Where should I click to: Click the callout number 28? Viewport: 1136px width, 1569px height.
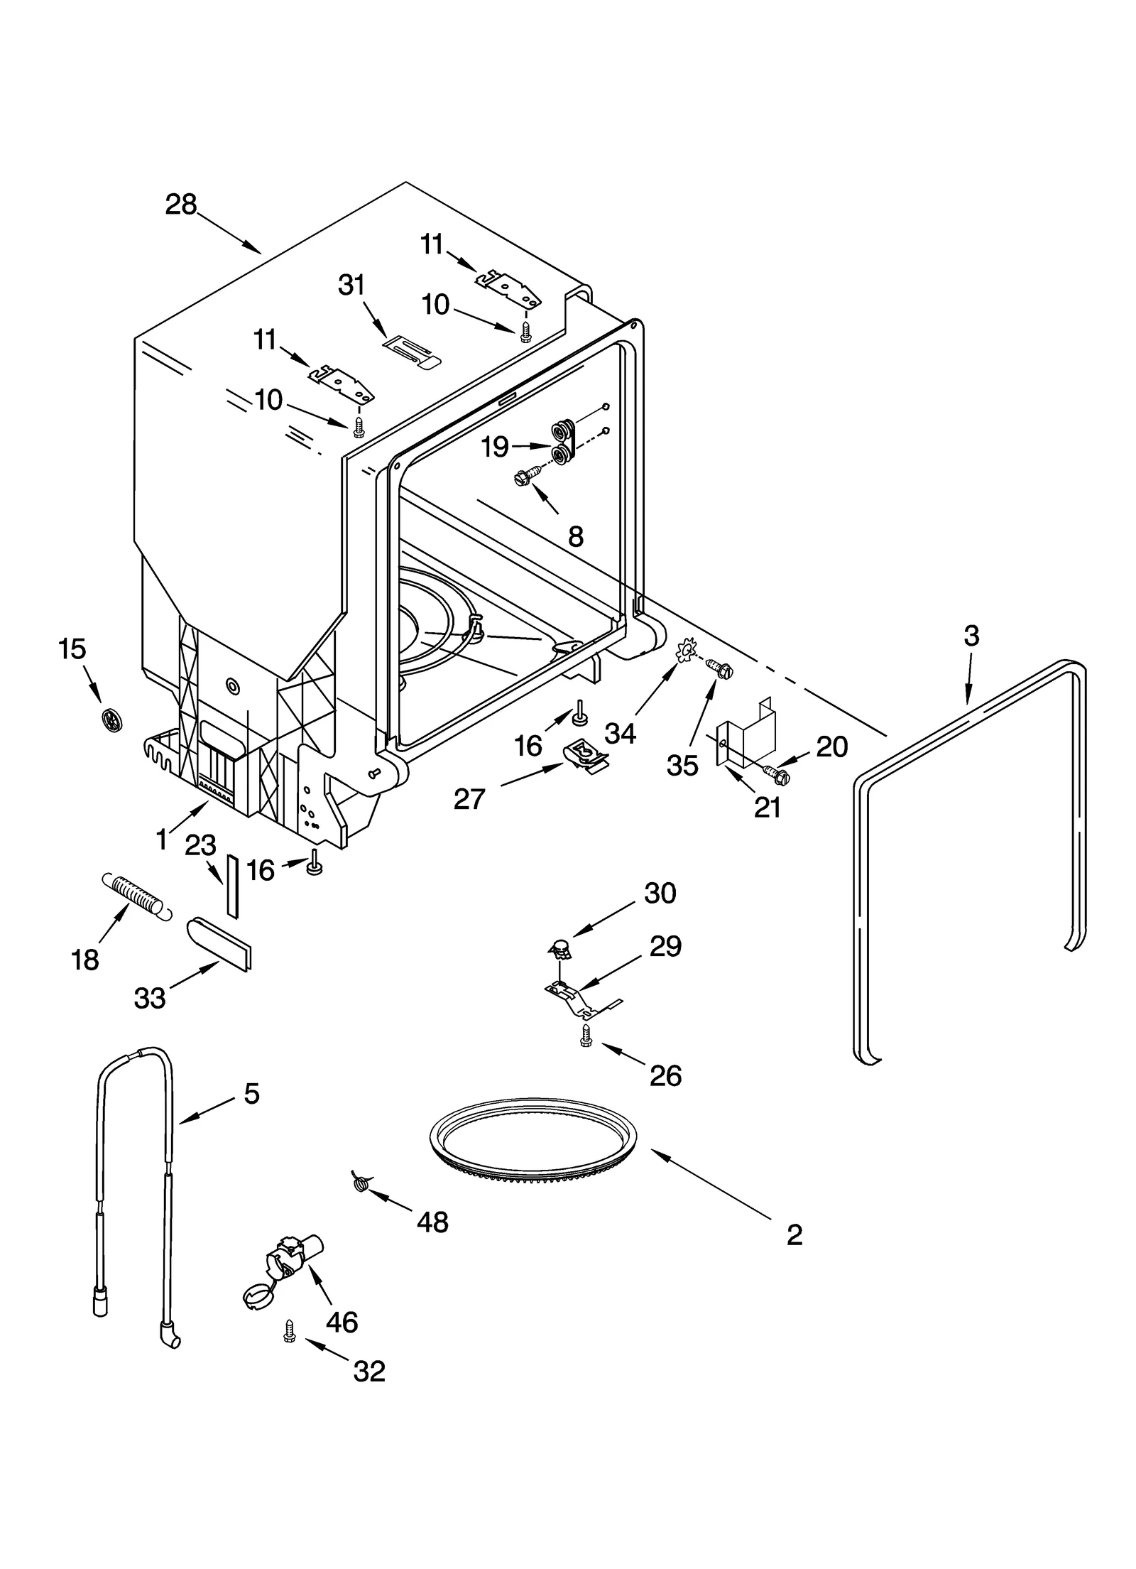tap(180, 205)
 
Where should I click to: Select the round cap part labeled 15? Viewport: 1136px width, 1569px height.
tap(111, 720)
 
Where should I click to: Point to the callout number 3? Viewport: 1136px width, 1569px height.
tap(971, 635)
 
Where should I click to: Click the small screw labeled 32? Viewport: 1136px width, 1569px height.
tap(289, 1331)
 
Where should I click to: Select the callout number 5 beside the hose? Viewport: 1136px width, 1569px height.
tap(251, 1093)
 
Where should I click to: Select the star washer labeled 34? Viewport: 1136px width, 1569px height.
tap(685, 650)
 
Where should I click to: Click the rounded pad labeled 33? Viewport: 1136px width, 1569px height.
tap(219, 941)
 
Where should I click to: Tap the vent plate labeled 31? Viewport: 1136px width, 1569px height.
tap(412, 352)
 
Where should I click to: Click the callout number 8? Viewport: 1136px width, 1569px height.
tap(576, 537)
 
